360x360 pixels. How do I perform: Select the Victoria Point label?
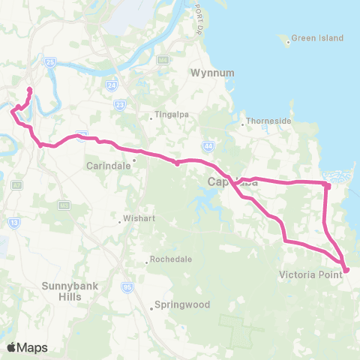point(310,274)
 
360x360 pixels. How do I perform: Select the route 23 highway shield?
point(121,106)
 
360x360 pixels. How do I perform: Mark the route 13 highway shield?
point(14,222)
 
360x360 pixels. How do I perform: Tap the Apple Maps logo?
point(27,347)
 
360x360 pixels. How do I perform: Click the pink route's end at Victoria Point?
point(346,270)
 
